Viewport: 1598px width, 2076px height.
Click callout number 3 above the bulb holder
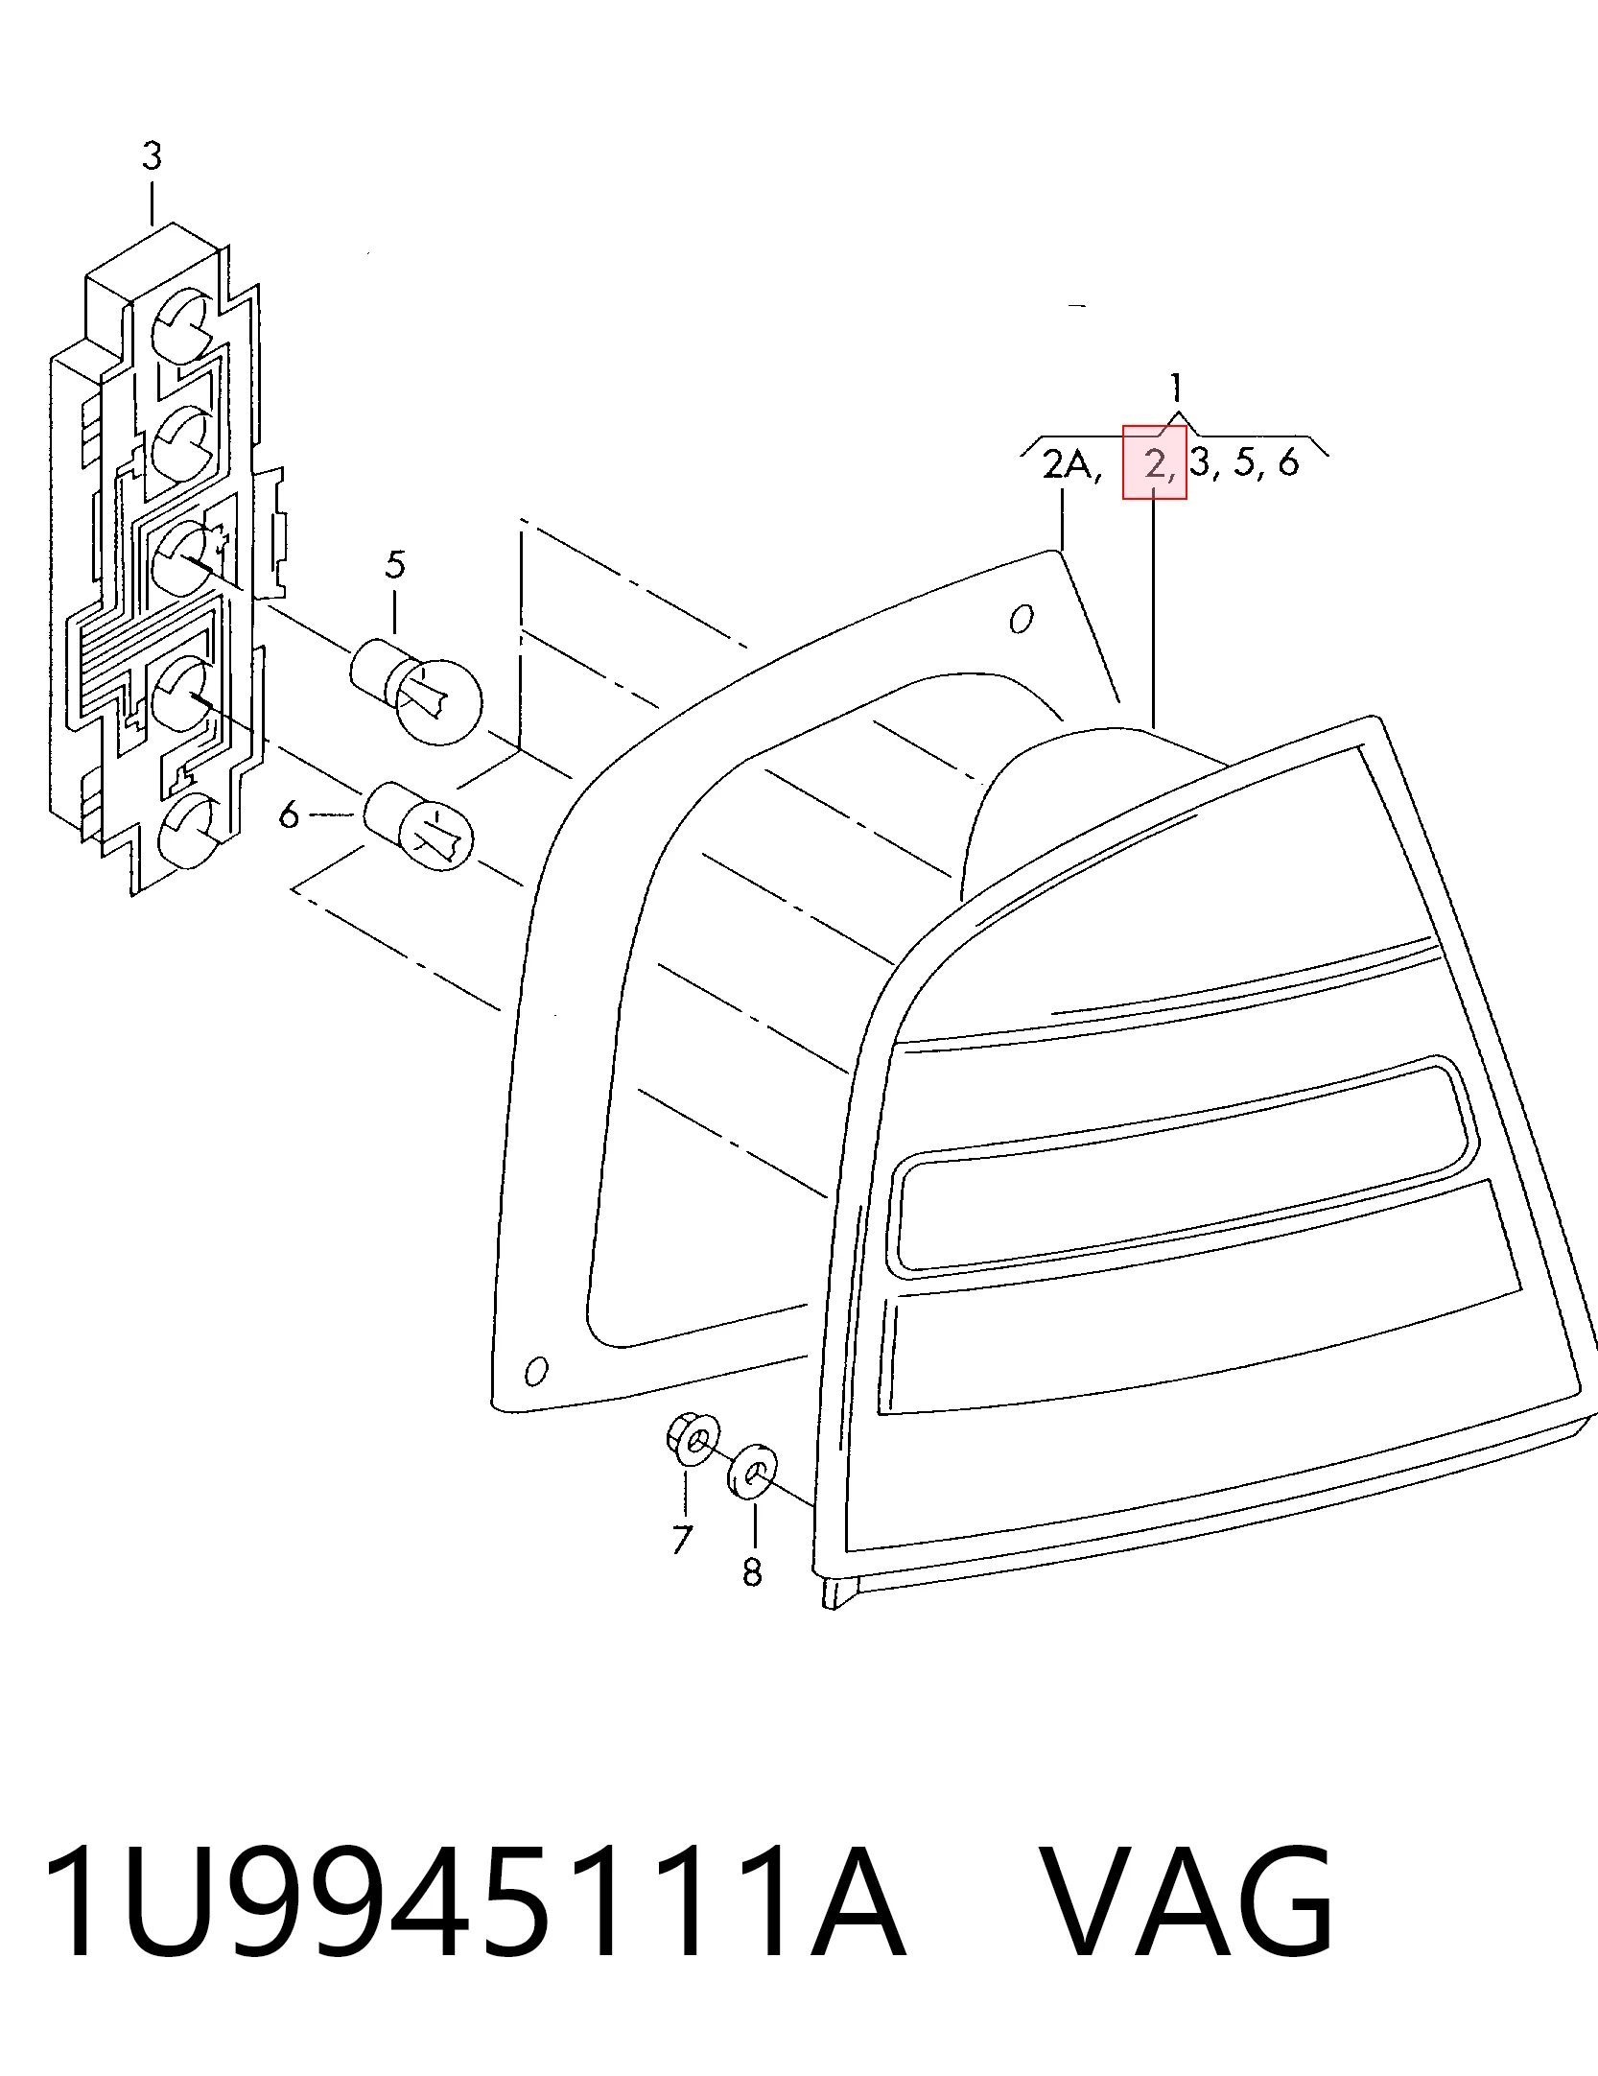coord(152,155)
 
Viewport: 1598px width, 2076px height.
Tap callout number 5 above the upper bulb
coord(395,565)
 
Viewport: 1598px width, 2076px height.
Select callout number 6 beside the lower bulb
coord(289,816)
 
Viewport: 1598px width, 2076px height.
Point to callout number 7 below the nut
coord(681,1539)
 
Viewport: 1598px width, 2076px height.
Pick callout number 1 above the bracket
coord(1175,388)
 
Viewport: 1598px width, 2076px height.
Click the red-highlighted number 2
coord(1155,463)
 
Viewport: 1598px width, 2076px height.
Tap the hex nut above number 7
coord(693,1441)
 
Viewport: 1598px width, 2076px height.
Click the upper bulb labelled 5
coord(418,688)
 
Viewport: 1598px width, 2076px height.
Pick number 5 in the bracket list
coord(1243,463)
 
